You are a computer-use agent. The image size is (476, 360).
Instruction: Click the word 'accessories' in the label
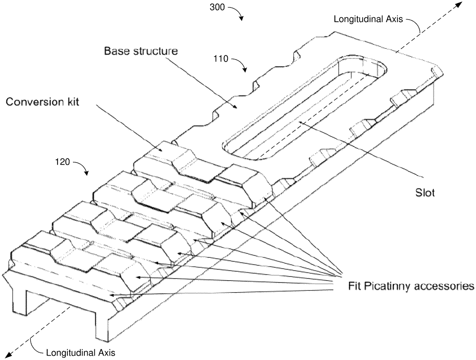click(x=447, y=286)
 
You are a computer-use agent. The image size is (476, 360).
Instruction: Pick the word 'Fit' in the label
click(x=355, y=286)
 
